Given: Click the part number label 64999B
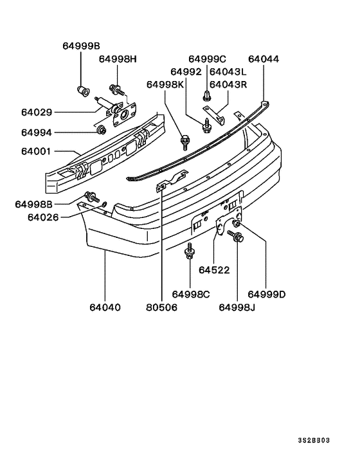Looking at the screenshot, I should [82, 46].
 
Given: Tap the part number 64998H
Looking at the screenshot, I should [118, 59].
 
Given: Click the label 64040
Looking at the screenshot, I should [105, 307].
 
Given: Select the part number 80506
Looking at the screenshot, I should [161, 307].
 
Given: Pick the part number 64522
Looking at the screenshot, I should [214, 269].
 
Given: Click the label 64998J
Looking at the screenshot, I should [237, 307].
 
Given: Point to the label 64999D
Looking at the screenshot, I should [267, 295].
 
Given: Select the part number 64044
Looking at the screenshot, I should [264, 59].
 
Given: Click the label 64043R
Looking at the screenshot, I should [228, 84].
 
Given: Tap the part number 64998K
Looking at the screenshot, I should [165, 84].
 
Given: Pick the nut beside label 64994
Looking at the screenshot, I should [101, 132].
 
